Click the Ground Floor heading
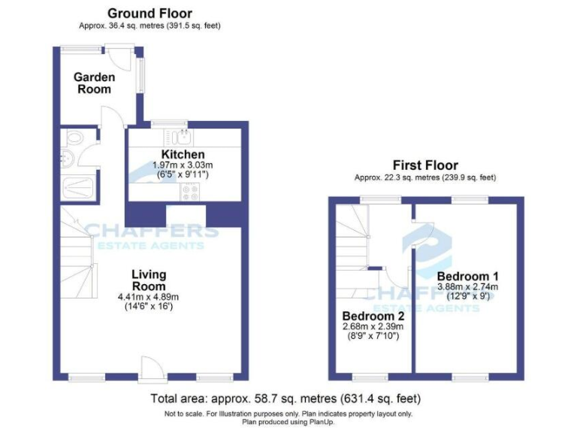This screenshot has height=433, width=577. pyautogui.click(x=150, y=14)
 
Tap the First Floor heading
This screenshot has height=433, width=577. pyautogui.click(x=425, y=165)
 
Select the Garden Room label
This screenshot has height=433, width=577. pyautogui.click(x=93, y=83)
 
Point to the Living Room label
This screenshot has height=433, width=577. pyautogui.click(x=149, y=280)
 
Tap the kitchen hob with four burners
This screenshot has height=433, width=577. pyautogui.click(x=189, y=192)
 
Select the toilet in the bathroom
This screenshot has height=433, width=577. pyautogui.click(x=74, y=139)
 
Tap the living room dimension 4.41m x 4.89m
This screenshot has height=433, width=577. pyautogui.click(x=149, y=297)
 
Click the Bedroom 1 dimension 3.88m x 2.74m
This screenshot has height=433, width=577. pyautogui.click(x=467, y=286)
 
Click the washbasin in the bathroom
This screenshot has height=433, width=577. pyautogui.click(x=66, y=157)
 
